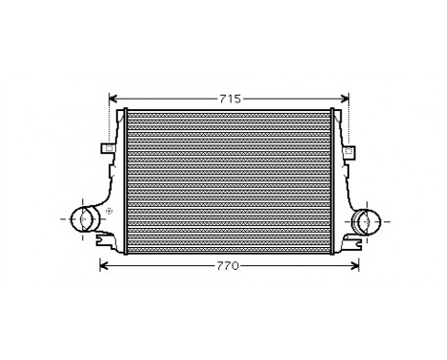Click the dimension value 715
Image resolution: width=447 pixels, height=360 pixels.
[x=230, y=99]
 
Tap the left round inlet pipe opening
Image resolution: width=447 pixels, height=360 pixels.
[x=84, y=219]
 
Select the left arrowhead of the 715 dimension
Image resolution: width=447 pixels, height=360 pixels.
[x=114, y=99]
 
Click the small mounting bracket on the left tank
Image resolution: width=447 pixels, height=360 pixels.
[x=107, y=148]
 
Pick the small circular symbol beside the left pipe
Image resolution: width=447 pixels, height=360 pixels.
[x=108, y=211]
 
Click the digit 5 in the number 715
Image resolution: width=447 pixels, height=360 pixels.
[x=238, y=99]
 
